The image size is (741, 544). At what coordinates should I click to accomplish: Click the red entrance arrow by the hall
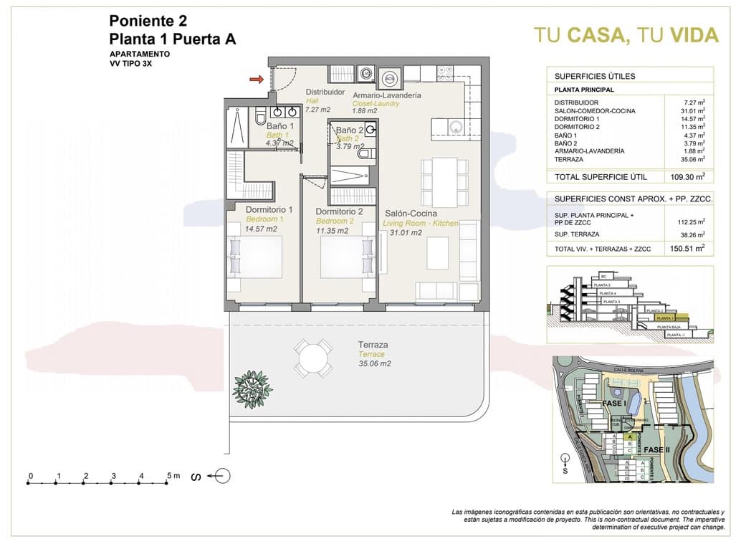pyautogui.click(x=256, y=79)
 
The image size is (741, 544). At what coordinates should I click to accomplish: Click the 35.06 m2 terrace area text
pyautogui.click(x=375, y=364)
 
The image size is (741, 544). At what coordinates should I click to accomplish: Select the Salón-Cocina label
pyautogui.click(x=411, y=214)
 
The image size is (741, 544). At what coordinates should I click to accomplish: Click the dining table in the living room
pyautogui.click(x=439, y=182)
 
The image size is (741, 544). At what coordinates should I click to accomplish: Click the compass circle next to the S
pyautogui.click(x=222, y=476)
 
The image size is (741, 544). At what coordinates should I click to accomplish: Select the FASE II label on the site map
pyautogui.click(x=656, y=449)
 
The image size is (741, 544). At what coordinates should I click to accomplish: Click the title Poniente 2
pyautogui.click(x=148, y=22)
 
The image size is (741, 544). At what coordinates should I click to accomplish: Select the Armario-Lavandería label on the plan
pyautogui.click(x=386, y=95)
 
